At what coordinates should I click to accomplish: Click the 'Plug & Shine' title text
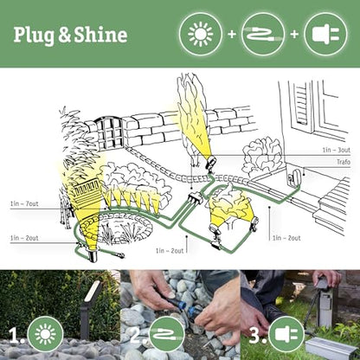[x=70, y=35]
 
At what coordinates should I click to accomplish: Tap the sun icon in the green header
[x=201, y=35]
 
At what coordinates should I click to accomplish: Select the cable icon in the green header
[x=263, y=35]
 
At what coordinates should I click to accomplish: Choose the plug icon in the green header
[x=325, y=35]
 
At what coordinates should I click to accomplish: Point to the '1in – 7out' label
[x=23, y=204]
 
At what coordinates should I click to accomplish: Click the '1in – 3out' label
[x=337, y=150]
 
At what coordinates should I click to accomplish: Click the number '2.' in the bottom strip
[x=134, y=334]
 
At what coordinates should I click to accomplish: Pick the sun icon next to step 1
[x=45, y=334]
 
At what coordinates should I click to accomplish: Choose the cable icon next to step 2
[x=165, y=334]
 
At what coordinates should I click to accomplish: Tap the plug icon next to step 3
[x=286, y=334]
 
